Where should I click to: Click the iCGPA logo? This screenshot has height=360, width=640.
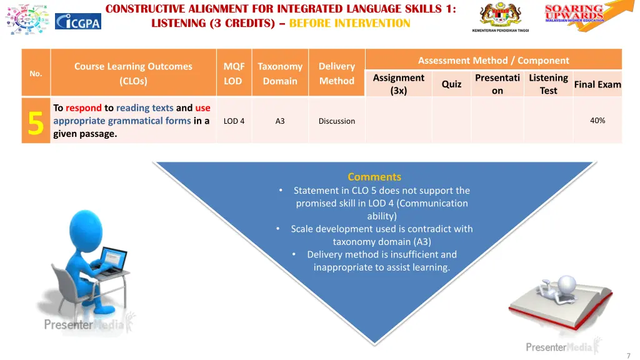pyautogui.click(x=77, y=21)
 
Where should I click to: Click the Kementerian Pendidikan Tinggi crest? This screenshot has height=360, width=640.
pyautogui.click(x=500, y=16)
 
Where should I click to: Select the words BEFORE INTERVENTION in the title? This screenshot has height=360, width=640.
pyautogui.click(x=349, y=24)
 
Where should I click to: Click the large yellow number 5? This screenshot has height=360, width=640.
pyautogui.click(x=36, y=121)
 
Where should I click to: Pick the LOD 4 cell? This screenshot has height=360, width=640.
pyautogui.click(x=234, y=121)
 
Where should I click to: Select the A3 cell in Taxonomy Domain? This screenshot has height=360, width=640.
pyautogui.click(x=280, y=121)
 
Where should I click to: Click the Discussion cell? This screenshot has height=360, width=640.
pyautogui.click(x=336, y=121)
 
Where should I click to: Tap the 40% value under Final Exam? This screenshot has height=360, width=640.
pyautogui.click(x=597, y=121)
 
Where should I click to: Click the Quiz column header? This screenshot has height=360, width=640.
pyautogui.click(x=451, y=84)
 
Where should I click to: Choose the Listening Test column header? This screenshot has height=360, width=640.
pyautogui.click(x=548, y=84)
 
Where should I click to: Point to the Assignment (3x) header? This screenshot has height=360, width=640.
pyautogui.click(x=398, y=84)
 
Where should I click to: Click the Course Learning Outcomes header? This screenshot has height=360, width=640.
pyautogui.click(x=133, y=73)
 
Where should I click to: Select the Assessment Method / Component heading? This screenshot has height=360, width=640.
pyautogui.click(x=493, y=61)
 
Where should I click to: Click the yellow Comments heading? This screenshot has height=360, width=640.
pyautogui.click(x=374, y=177)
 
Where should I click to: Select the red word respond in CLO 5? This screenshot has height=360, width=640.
pyautogui.click(x=83, y=107)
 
